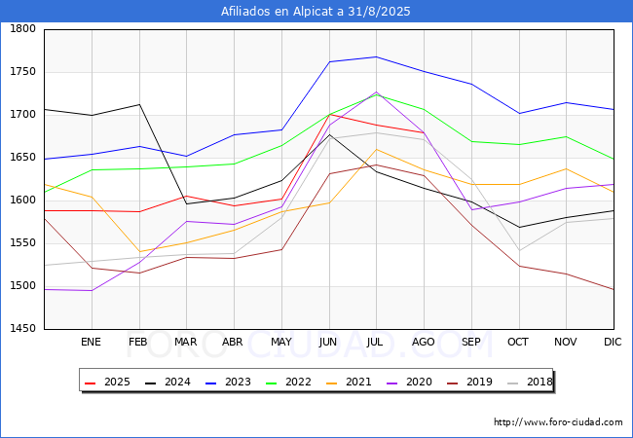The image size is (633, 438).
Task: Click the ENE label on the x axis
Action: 91,342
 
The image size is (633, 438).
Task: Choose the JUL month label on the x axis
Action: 376,342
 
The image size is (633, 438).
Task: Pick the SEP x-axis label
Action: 471,342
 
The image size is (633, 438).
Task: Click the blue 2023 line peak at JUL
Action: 376,56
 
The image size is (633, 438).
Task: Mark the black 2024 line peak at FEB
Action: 138,104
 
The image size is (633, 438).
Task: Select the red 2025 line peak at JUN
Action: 329,115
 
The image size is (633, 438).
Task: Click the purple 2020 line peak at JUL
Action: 376,92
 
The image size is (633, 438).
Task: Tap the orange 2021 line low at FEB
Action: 138,252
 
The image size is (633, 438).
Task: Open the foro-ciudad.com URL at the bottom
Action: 558,422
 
